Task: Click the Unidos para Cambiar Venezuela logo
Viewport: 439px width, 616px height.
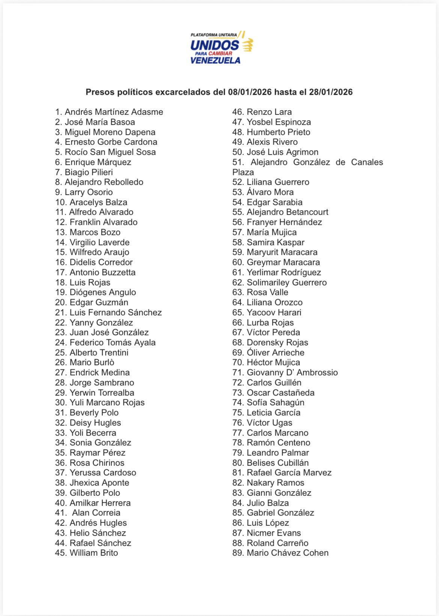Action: tap(221, 48)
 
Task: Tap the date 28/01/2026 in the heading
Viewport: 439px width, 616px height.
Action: tap(331, 92)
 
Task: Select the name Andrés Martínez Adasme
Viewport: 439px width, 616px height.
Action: tap(114, 112)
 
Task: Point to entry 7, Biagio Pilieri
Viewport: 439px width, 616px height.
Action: tap(89, 172)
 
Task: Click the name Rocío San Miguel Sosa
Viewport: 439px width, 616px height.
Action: tap(110, 152)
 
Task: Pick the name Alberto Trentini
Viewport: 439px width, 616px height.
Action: tap(99, 352)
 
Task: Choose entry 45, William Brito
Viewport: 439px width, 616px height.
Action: tap(93, 553)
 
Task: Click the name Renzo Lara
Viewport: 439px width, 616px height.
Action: tap(269, 112)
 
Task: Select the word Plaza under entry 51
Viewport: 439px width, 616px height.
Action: tap(243, 172)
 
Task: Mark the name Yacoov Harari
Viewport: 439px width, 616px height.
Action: tap(274, 313)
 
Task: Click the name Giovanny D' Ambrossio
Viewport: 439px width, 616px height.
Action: tap(292, 373)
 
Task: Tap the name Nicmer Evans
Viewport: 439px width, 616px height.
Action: tap(274, 533)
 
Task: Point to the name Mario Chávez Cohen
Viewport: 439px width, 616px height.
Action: tap(287, 553)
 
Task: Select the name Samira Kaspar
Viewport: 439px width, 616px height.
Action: tap(275, 243)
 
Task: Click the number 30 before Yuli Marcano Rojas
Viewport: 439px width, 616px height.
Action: tap(61, 403)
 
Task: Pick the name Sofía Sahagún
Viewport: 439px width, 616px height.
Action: tap(275, 403)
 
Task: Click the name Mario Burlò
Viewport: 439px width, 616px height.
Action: tap(92, 363)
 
